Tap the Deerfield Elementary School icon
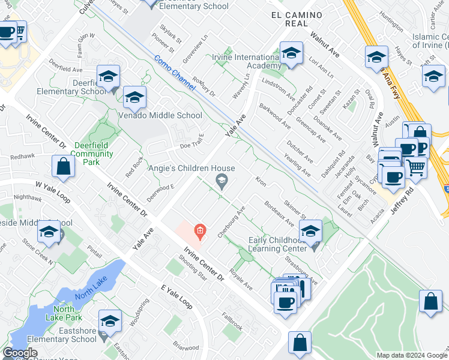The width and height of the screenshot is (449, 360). click(x=108, y=76)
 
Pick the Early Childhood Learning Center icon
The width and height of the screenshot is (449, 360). click(x=310, y=230)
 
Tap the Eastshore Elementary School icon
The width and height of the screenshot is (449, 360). click(x=110, y=321)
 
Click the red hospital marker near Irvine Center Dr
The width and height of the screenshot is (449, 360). click(x=199, y=230)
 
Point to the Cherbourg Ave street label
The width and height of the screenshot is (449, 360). click(x=232, y=222)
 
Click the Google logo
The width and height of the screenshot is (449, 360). click(x=20, y=353)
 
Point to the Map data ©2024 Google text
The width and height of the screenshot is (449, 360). click(x=411, y=355)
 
